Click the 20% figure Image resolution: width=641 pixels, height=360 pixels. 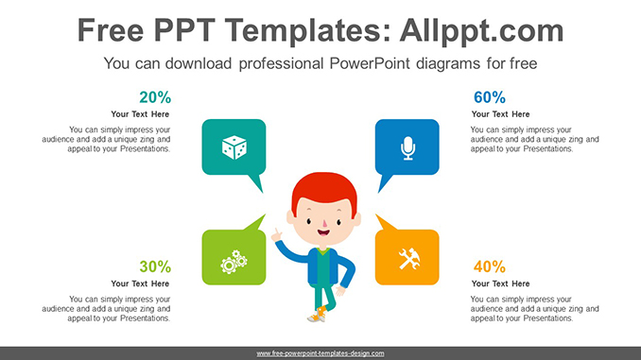click(x=155, y=97)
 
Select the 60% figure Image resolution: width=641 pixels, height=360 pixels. click(x=489, y=97)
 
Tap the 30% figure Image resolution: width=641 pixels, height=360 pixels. click(x=155, y=266)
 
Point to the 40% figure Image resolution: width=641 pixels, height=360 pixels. click(x=489, y=266)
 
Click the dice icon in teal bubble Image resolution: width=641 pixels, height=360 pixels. click(x=234, y=147)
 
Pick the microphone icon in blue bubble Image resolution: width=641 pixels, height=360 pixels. click(x=407, y=147)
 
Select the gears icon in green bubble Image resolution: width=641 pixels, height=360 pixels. click(x=234, y=260)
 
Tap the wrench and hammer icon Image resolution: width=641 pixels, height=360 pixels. click(x=408, y=258)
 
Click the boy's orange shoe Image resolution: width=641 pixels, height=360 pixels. click(x=322, y=312)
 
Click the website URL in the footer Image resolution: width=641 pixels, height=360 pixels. click(x=320, y=353)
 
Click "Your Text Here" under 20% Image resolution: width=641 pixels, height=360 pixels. click(x=140, y=114)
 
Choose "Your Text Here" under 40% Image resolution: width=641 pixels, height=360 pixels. click(x=501, y=283)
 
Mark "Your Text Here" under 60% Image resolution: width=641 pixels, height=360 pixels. click(x=501, y=114)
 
